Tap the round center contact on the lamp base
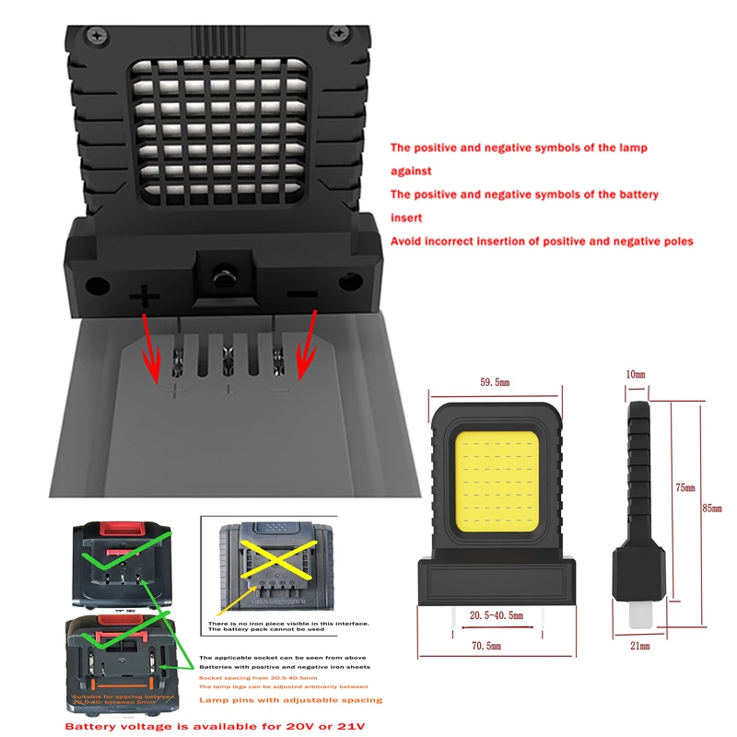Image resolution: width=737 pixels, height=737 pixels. (x=221, y=274)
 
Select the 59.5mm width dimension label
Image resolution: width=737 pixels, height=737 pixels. (x=494, y=380)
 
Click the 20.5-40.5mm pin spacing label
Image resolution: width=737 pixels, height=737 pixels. (x=496, y=614)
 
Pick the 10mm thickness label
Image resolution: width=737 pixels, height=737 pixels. (x=637, y=375)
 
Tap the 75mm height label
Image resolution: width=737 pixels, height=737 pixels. (x=684, y=486)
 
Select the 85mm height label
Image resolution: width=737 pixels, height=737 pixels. (x=711, y=506)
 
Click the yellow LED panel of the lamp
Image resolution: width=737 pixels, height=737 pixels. (x=496, y=485)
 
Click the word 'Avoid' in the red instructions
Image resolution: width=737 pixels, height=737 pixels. (x=406, y=241)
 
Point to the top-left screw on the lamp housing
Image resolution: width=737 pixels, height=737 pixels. (x=96, y=35)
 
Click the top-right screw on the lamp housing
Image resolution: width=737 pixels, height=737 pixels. (x=339, y=35)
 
